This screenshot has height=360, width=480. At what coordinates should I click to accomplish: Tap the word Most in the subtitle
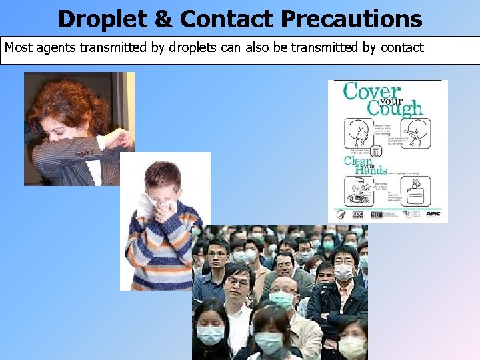[18, 48]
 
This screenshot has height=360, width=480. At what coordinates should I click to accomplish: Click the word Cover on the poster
[372, 92]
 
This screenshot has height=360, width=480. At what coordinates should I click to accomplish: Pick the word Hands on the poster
[371, 171]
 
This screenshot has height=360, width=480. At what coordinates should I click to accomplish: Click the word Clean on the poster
[358, 161]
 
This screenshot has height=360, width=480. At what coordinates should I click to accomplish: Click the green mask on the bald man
[281, 301]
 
